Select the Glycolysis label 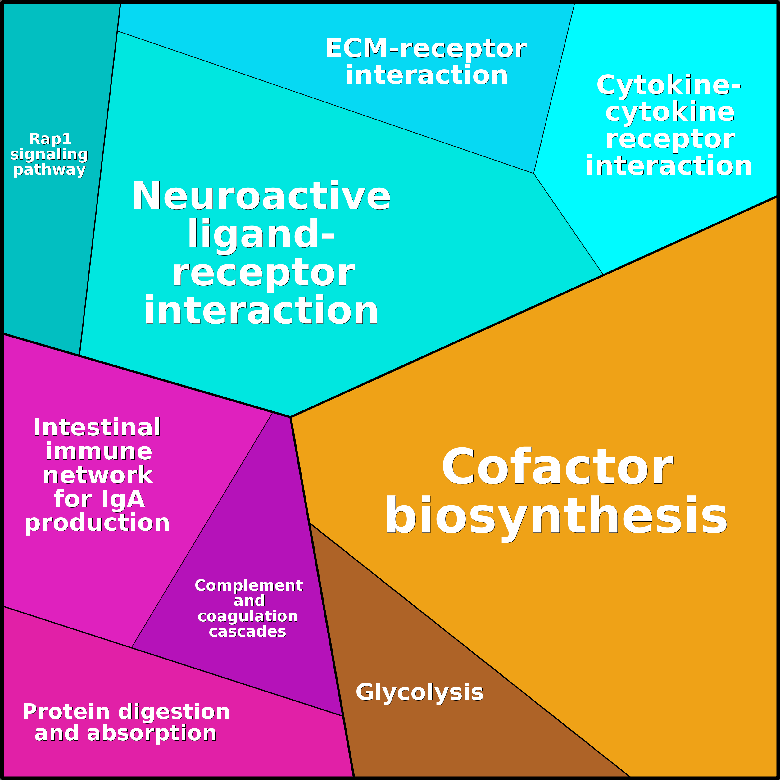[419, 692]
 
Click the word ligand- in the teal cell [261, 234]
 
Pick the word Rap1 [50, 139]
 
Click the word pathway [49, 169]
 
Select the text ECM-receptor [426, 48]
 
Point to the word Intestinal [97, 427]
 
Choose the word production [97, 523]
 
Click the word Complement [249, 585]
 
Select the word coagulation [247, 616]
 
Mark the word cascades [247, 631]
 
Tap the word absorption [152, 733]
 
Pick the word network [98, 475]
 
